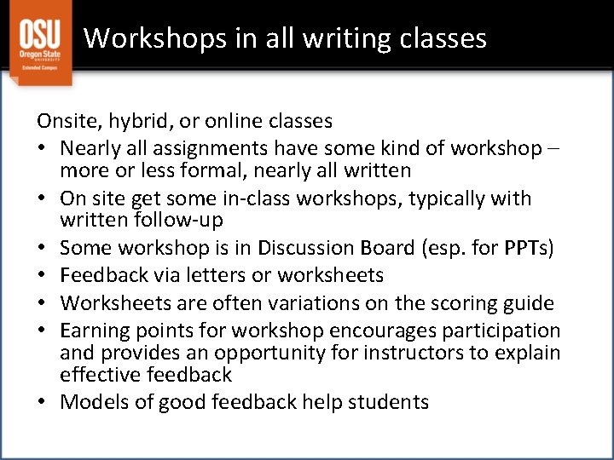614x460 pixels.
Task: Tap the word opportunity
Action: (x=281, y=353)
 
